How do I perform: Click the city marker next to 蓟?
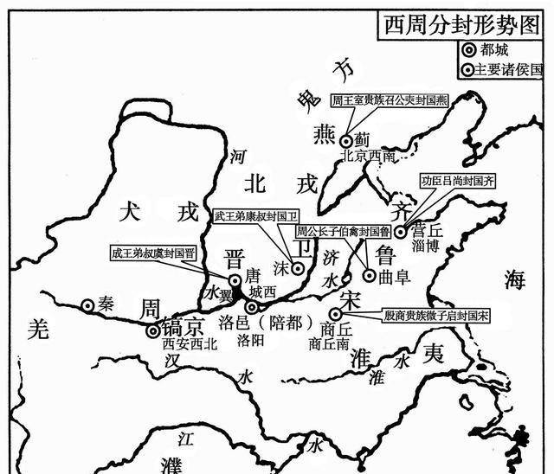(x=346, y=141)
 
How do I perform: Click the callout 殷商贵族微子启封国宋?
(x=436, y=317)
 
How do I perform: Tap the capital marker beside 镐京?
(x=153, y=330)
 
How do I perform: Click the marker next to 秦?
(x=87, y=304)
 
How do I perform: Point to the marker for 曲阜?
(x=370, y=275)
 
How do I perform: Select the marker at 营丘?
(x=401, y=231)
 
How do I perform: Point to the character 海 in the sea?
(x=517, y=279)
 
